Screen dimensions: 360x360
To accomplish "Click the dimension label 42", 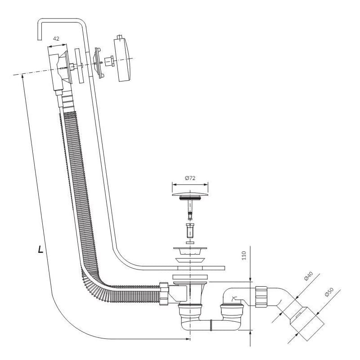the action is tap(56, 39).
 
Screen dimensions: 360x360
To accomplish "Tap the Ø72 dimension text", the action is tap(190, 178).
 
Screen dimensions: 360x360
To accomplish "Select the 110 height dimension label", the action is tap(244, 256).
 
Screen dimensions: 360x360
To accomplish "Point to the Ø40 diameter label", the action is tap(308, 276).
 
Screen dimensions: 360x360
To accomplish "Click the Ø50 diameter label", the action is tap(329, 292).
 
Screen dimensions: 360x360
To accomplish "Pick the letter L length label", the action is tap(40, 249).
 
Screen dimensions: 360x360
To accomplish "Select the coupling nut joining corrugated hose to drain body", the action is tap(164, 294).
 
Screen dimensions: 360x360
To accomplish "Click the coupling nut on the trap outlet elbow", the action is tap(261, 297).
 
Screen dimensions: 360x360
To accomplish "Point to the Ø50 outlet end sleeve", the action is tap(307, 324).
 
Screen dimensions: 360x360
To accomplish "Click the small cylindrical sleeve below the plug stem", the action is tap(190, 231).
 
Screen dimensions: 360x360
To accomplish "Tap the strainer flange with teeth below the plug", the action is tap(190, 251).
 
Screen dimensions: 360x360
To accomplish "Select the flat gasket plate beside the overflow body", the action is tap(79, 66).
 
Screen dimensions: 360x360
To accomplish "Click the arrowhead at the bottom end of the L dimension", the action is tap(188, 339).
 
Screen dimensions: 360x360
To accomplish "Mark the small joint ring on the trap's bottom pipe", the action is tap(211, 325).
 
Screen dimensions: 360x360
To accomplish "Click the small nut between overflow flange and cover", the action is tap(109, 61).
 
